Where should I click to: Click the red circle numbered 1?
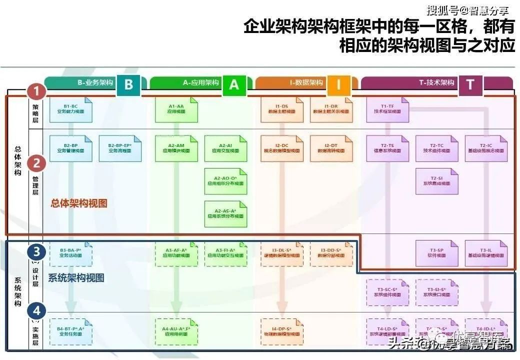click(36, 91)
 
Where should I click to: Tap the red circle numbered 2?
click(36, 163)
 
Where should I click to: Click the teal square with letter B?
click(128, 84)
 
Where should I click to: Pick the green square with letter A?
click(234, 84)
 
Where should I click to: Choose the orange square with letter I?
click(338, 84)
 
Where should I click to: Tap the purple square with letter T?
click(470, 84)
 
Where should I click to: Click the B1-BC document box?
click(70, 109)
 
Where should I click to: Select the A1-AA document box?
click(176, 109)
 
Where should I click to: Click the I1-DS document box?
click(281, 109)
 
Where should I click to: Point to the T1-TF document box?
click(387, 109)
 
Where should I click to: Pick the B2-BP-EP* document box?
click(120, 148)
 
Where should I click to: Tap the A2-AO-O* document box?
click(225, 180)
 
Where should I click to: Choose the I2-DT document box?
click(331, 148)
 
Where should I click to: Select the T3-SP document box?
click(436, 253)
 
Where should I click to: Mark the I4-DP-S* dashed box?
click(281, 331)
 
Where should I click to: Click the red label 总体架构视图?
click(79, 204)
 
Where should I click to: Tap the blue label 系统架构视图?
click(76, 278)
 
